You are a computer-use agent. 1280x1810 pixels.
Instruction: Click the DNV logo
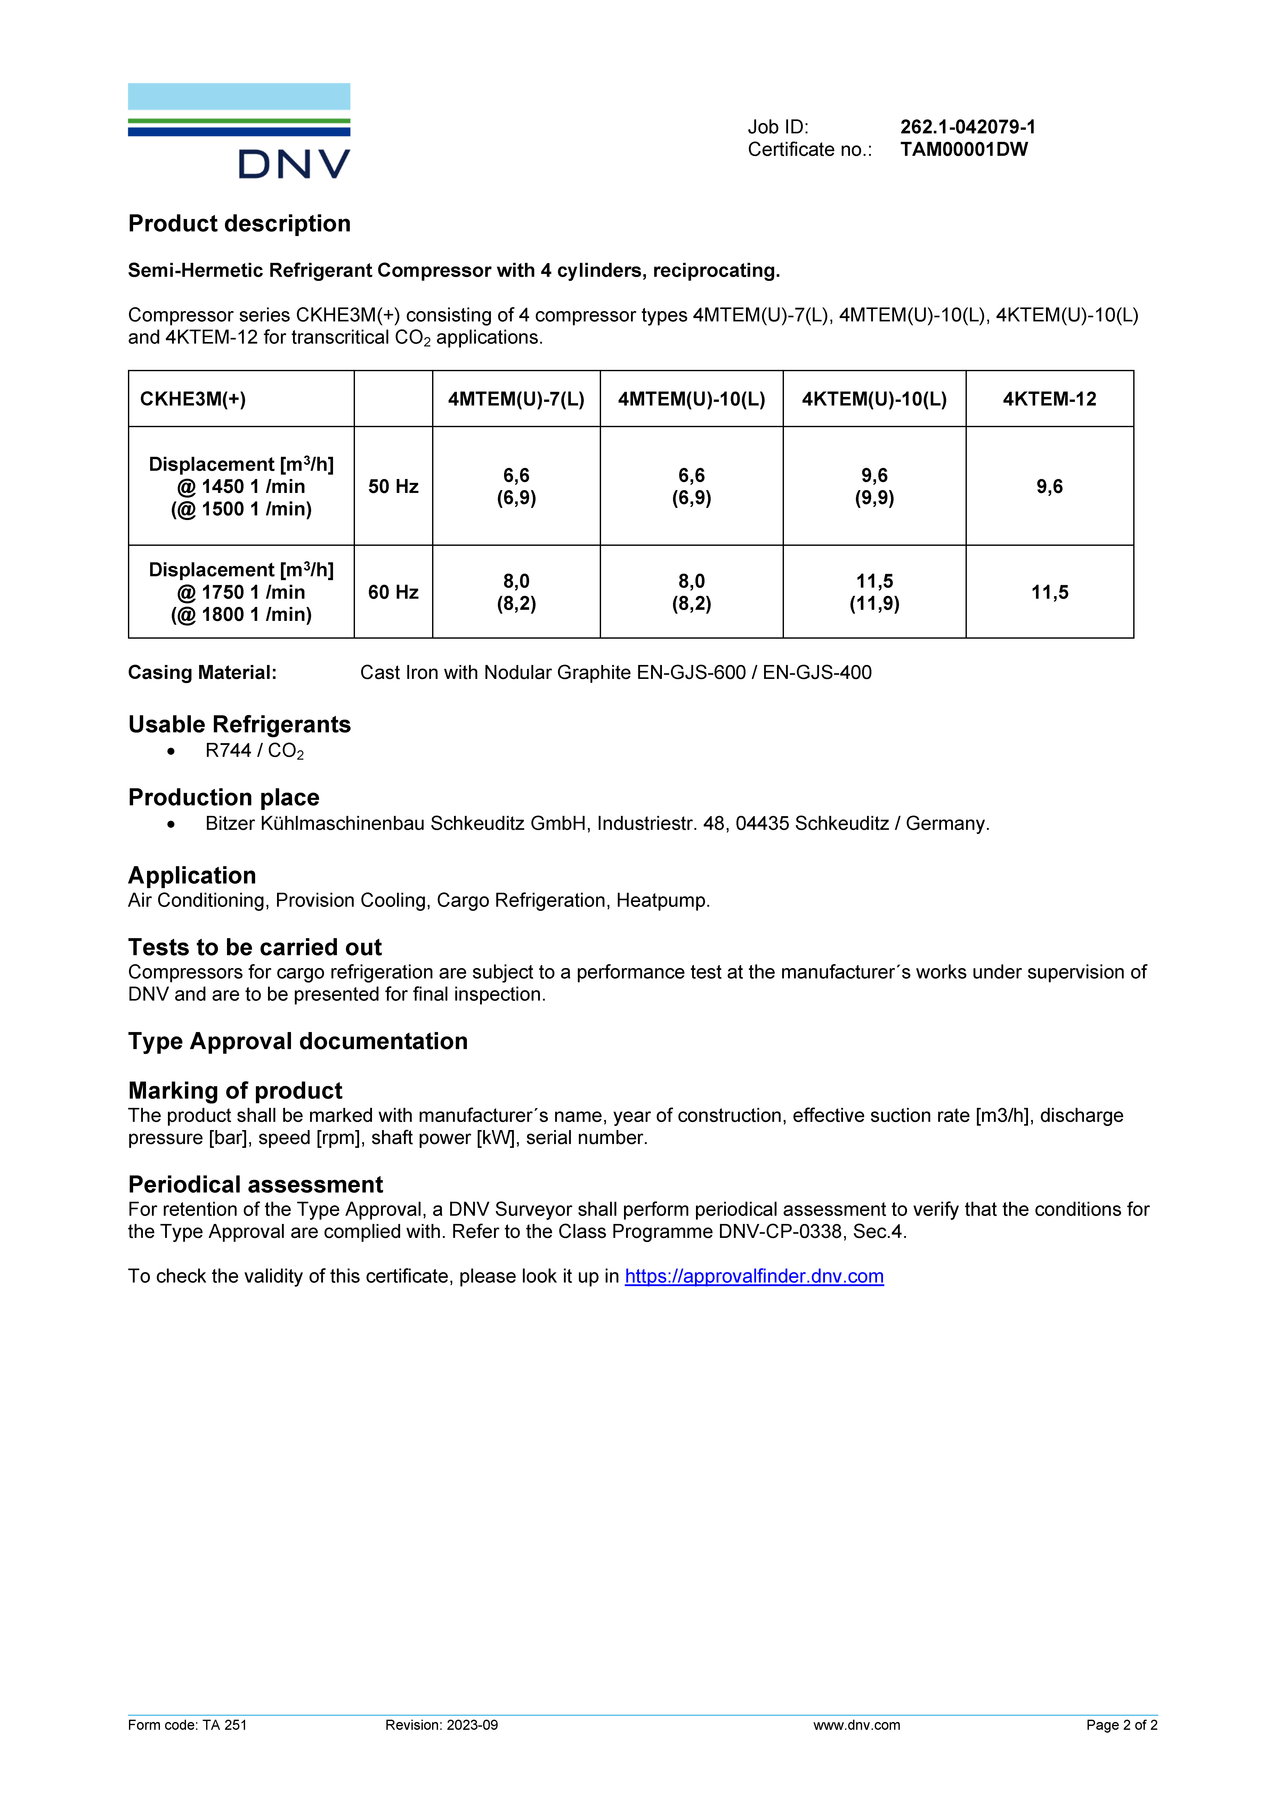point(239,131)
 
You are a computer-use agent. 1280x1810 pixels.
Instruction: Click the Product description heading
point(239,224)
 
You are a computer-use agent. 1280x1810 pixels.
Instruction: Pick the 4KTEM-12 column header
point(1049,399)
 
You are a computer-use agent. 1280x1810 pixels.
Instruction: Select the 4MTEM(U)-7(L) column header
point(516,399)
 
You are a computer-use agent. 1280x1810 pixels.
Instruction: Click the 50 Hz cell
point(393,486)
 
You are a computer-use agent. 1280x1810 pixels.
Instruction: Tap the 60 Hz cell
point(393,592)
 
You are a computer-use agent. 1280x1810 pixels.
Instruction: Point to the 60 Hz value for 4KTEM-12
point(1049,592)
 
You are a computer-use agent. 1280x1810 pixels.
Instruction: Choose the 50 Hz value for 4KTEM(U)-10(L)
point(874,486)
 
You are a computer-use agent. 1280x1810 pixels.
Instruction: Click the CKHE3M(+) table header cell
point(193,399)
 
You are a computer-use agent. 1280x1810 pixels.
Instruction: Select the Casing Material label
point(202,672)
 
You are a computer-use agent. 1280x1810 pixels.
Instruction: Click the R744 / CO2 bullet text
point(254,751)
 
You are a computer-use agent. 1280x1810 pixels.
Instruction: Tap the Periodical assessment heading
point(255,1185)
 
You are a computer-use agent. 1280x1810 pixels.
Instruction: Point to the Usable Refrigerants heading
point(239,725)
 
